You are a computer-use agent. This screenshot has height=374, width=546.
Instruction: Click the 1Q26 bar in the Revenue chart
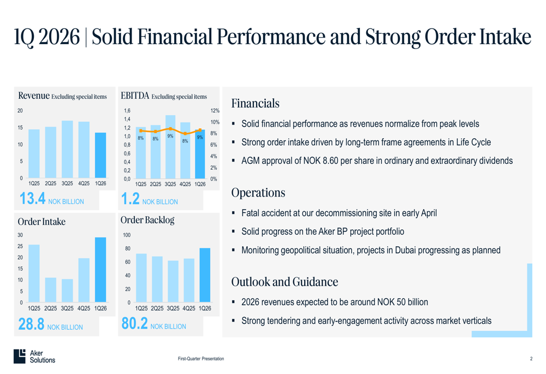pos(100,156)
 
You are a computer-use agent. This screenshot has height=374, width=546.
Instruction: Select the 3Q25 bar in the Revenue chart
pos(67,150)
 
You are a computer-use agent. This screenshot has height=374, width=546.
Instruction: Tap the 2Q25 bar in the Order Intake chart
pos(50,290)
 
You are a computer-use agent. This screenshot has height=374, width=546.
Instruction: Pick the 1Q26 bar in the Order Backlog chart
pos(205,276)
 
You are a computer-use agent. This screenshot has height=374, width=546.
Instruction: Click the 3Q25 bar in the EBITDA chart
pos(170,147)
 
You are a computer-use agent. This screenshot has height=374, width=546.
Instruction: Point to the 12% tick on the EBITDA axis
pos(215,111)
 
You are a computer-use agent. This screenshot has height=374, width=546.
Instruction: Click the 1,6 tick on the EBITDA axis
pos(127,111)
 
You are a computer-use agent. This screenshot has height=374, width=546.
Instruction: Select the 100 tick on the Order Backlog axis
pos(126,235)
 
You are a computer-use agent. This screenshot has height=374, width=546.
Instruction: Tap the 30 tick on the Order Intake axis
pos(20,235)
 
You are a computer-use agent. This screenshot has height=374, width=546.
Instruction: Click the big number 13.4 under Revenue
pos(32,199)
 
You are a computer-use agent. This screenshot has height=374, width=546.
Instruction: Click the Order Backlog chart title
pos(147,220)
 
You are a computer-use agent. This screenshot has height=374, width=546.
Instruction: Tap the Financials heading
pos(255,103)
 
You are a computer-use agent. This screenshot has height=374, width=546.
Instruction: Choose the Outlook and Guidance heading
pos(284,282)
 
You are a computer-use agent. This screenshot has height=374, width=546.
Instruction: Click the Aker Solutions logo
pos(34,356)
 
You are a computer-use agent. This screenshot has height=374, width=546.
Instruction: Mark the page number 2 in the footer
pos(531,359)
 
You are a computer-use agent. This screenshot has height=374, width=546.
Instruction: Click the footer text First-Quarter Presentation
pos(200,359)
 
